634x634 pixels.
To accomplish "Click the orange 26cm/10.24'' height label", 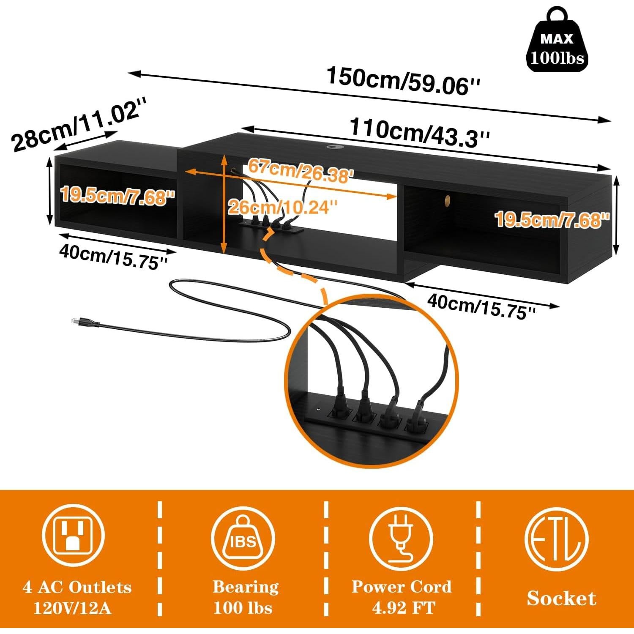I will click(x=282, y=207).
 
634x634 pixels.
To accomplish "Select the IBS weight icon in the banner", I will click(x=243, y=538).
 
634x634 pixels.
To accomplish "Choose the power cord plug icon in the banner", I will click(x=401, y=538).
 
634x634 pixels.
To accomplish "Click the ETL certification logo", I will click(x=556, y=538).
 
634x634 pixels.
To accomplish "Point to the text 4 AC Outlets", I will click(x=77, y=587).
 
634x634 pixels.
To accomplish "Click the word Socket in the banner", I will click(x=561, y=598).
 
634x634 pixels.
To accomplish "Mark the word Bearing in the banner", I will click(x=246, y=587).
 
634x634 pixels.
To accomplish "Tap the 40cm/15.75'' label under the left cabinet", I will click(x=113, y=257).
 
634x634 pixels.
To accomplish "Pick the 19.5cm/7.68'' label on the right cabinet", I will click(x=552, y=219).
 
